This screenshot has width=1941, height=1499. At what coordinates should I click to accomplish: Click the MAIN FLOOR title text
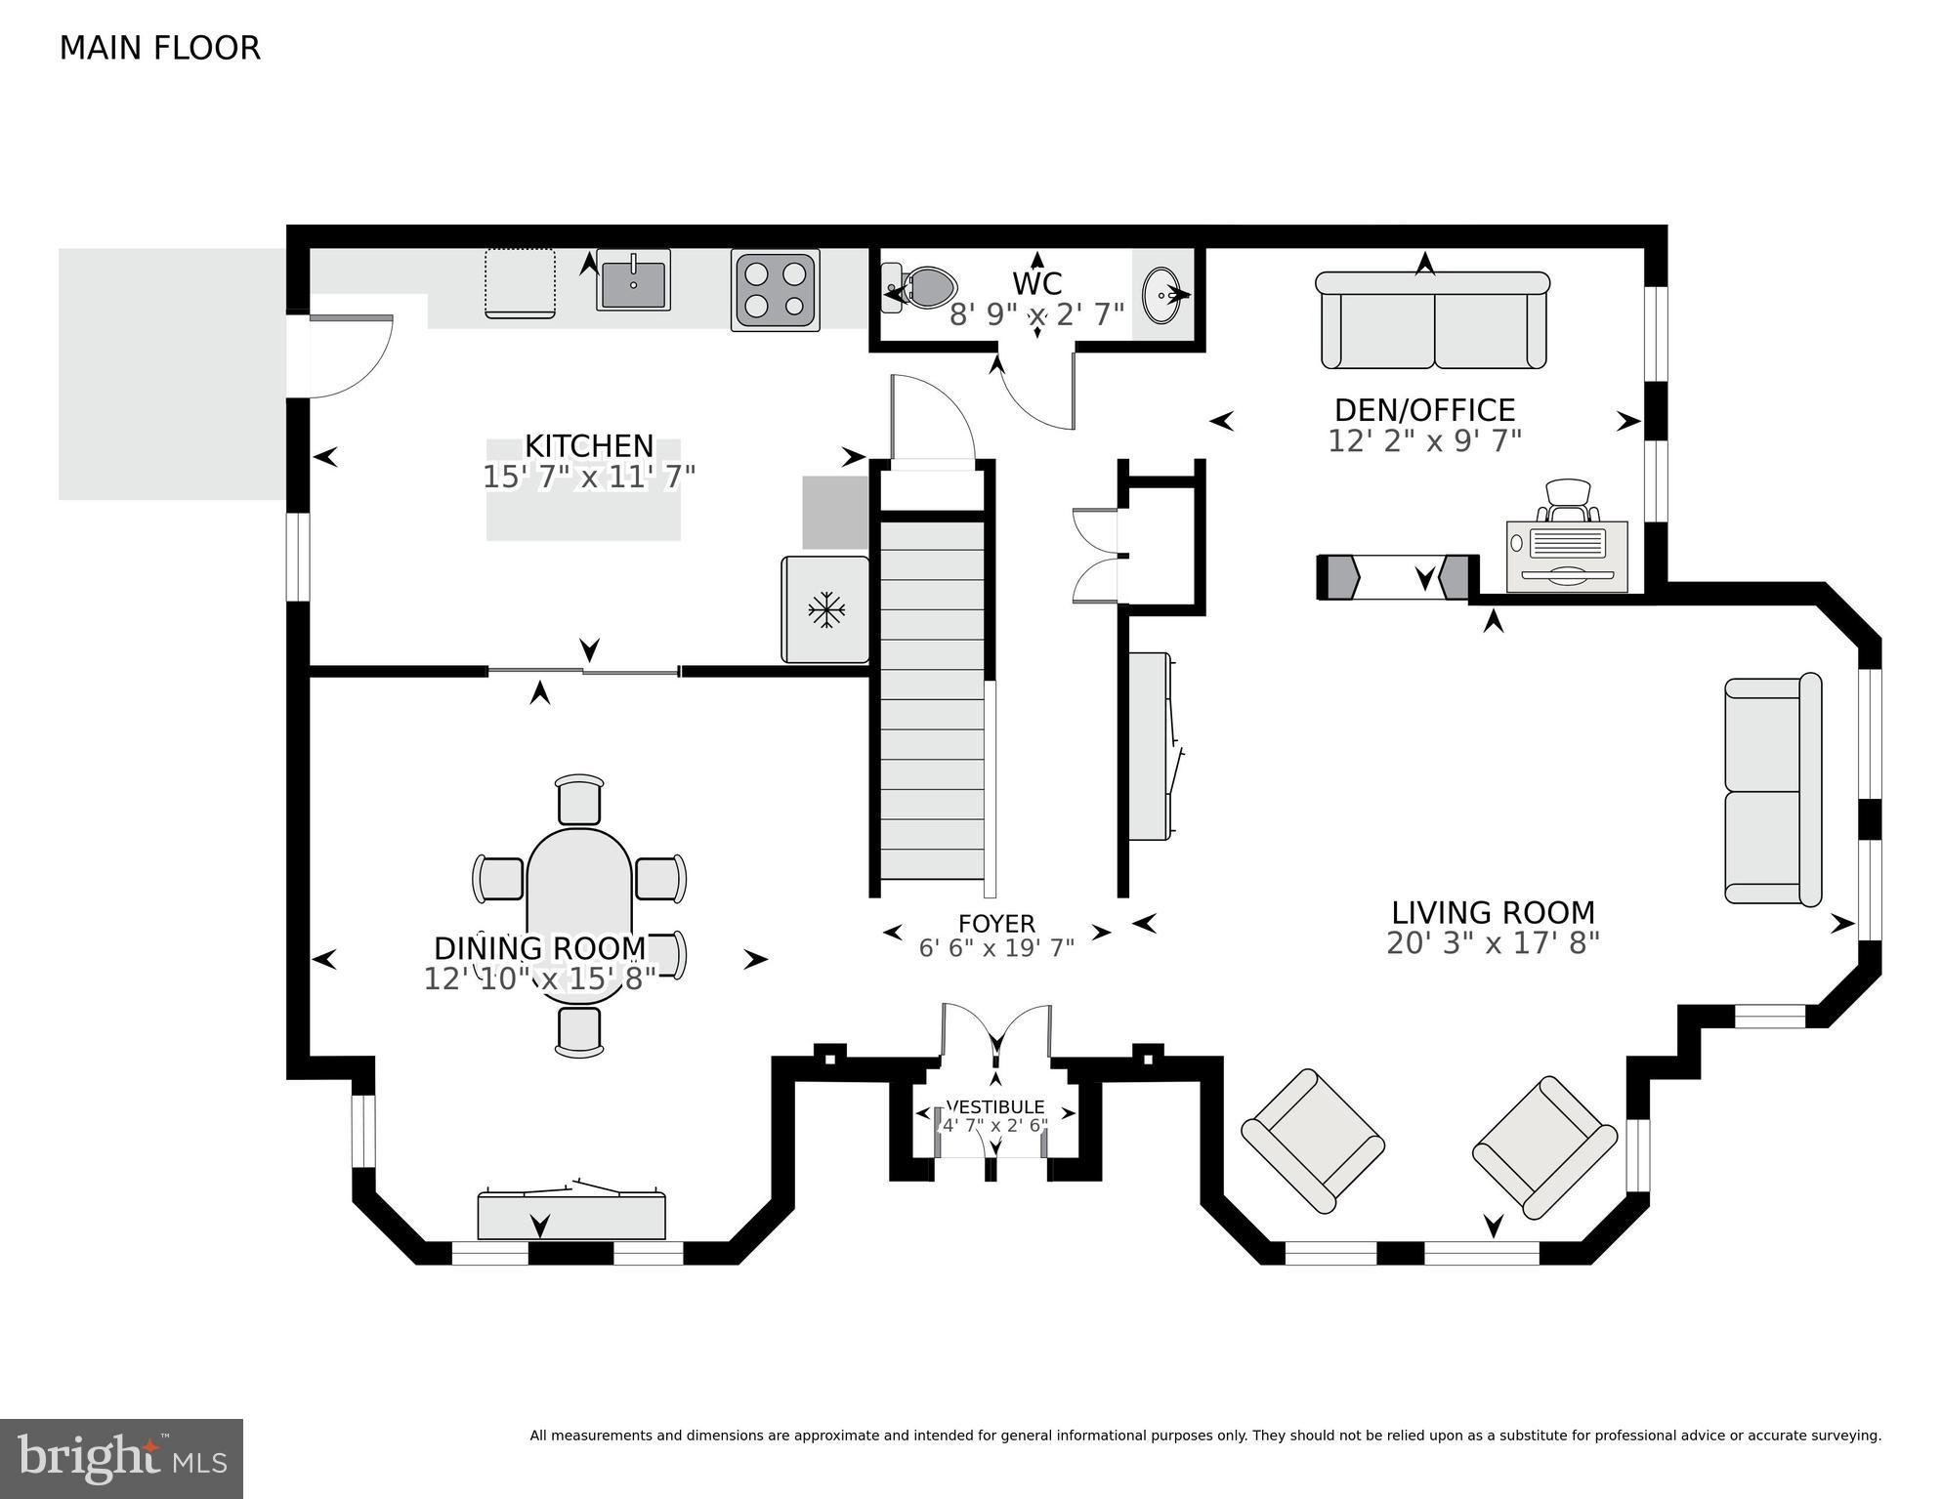[159, 48]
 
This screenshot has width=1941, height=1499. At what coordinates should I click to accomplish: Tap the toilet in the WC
[923, 288]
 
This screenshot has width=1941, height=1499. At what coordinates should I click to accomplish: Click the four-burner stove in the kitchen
[776, 290]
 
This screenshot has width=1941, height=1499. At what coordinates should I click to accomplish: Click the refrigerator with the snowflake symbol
[825, 610]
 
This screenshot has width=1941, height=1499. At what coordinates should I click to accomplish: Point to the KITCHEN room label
[589, 445]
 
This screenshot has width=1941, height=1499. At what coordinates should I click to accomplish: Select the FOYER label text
[996, 923]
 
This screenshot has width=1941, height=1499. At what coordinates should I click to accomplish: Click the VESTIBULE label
[995, 1107]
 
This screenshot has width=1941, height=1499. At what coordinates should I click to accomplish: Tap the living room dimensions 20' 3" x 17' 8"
[1493, 943]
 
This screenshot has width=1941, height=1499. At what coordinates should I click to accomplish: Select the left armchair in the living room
[1312, 1141]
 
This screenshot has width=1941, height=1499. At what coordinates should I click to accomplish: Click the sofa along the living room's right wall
[1772, 789]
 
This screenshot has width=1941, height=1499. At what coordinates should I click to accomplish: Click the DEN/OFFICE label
[1424, 409]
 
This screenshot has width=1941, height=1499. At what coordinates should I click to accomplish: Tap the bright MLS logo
[121, 1458]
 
